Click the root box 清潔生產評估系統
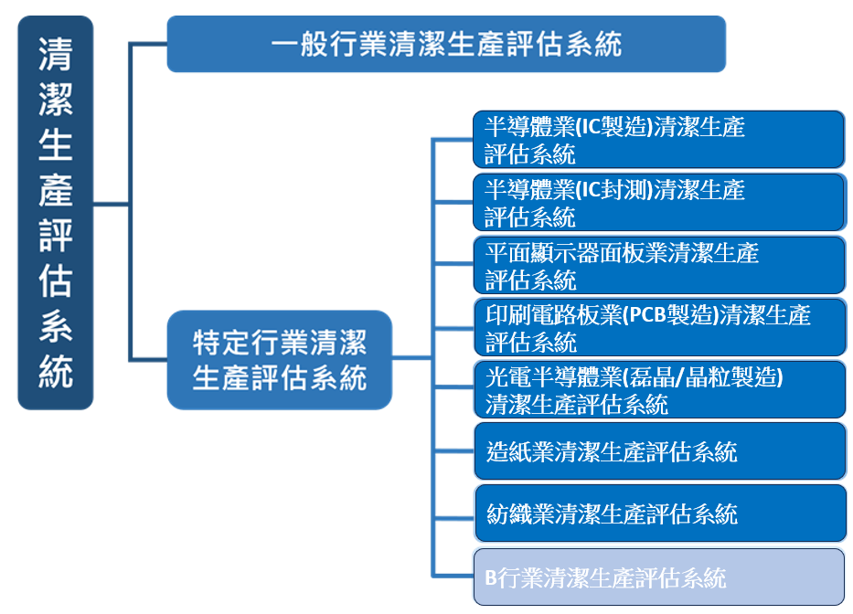(56, 212)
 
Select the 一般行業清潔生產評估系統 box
(445, 44)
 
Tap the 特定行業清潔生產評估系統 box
(280, 359)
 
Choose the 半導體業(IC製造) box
(658, 140)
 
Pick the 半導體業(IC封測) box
(658, 203)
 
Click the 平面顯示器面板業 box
(658, 265)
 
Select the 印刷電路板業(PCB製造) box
(658, 328)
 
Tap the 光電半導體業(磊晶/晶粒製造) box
(658, 390)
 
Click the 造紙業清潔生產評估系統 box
(658, 451)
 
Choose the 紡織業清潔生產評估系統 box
(658, 513)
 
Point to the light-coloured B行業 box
(658, 577)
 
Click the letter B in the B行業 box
(490, 578)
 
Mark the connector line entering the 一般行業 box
(148, 44)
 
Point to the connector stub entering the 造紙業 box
(453, 451)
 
